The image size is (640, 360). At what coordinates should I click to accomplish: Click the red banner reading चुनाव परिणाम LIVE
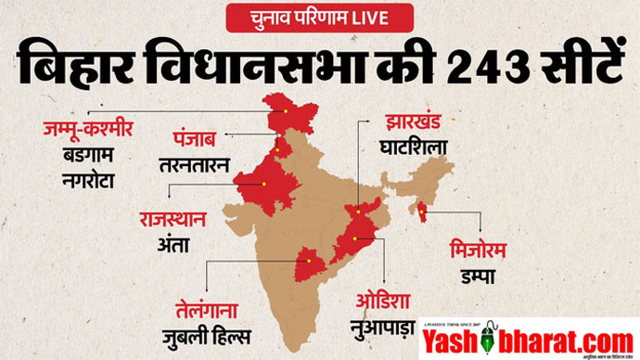[x=320, y=18]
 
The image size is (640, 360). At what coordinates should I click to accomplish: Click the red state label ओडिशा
[x=383, y=302]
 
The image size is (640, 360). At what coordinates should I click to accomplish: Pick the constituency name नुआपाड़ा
[x=383, y=328]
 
